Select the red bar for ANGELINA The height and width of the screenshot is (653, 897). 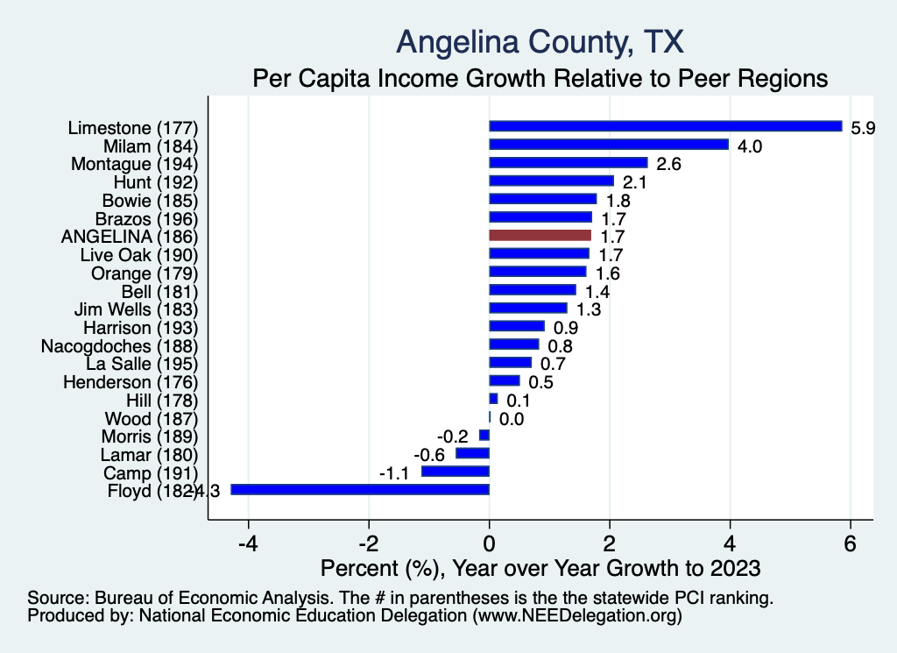pos(540,235)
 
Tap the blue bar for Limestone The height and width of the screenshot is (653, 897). pos(665,126)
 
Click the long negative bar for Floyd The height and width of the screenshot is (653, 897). pos(360,489)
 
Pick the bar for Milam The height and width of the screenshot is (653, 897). pos(609,145)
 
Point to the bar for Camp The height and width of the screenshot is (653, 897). pos(456,472)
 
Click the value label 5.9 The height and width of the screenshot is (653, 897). pos(864,128)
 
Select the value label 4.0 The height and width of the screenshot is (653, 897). pos(750,146)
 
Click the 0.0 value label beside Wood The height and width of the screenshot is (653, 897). pos(512,419)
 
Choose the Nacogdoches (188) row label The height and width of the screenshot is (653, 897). pos(120,344)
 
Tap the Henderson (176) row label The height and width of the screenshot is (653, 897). pos(131,381)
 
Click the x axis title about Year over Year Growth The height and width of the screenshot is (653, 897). pos(540,568)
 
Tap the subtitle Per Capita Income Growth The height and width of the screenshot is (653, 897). pos(540,78)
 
